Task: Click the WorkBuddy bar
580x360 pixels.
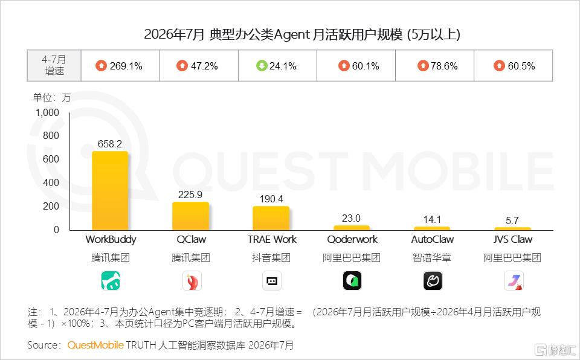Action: point(110,190)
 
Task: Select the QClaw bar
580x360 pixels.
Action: point(190,216)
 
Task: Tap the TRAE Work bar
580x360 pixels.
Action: point(271,218)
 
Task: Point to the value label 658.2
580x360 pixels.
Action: point(110,144)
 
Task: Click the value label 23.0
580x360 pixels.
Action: point(351,218)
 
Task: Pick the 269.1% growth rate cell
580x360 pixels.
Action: point(120,66)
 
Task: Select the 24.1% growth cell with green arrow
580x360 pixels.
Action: point(277,66)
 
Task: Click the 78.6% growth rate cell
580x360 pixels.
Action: point(434,66)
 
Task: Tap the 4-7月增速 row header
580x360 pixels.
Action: point(54,65)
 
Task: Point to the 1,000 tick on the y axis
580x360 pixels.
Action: point(47,112)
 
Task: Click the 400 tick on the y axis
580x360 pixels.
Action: point(51,183)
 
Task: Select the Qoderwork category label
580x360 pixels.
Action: point(352,239)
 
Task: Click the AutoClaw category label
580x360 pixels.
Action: point(433,239)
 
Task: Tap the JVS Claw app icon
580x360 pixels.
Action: point(514,281)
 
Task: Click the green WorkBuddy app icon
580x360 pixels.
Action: point(111,281)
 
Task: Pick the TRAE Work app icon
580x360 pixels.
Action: point(272,281)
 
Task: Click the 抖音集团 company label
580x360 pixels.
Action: point(271,258)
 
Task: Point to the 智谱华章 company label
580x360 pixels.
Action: point(432,258)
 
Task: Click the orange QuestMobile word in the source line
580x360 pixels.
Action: point(95,345)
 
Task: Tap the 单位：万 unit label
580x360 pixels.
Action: point(51,98)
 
